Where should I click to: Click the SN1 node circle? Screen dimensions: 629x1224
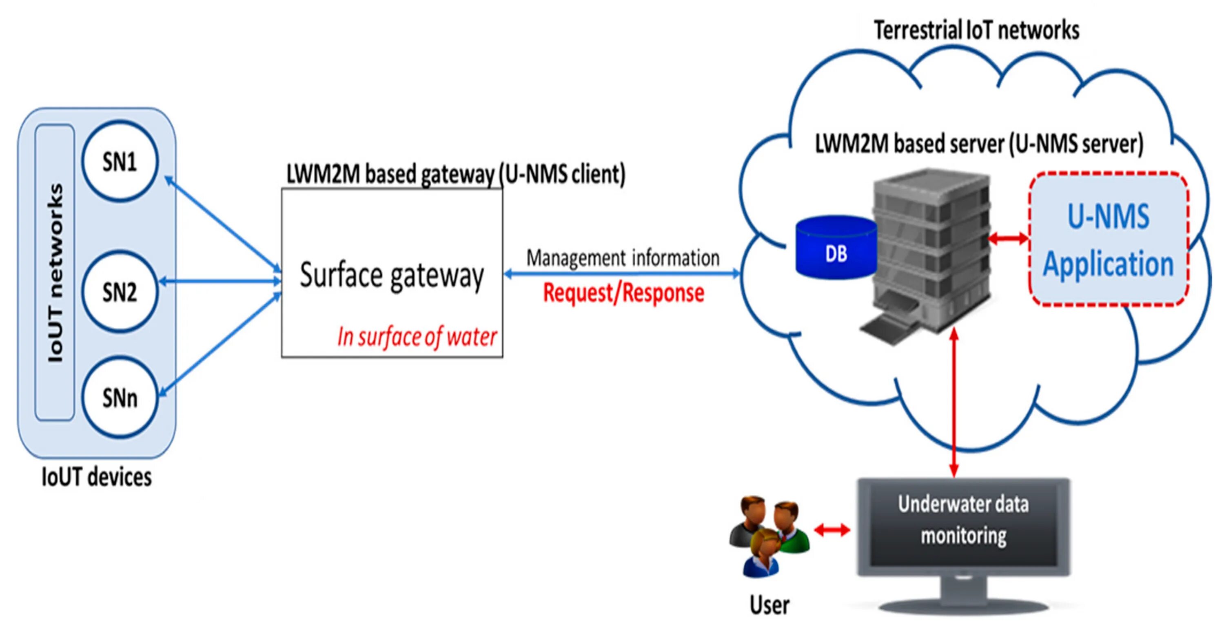coord(119,162)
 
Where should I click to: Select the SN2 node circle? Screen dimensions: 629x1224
coord(119,291)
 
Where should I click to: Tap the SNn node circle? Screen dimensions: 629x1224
coord(119,398)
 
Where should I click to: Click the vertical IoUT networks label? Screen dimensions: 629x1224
coord(55,273)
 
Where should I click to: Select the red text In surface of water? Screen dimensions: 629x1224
coord(417,337)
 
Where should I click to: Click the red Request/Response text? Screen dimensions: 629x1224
coord(623,292)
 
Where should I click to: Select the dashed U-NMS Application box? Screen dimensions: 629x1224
coord(1109,239)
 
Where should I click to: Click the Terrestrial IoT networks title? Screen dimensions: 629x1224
coord(976,30)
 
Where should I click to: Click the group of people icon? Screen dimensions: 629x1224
coord(768,535)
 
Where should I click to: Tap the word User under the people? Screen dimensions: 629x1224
coord(769,605)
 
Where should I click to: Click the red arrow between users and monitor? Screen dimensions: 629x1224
coord(832,530)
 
